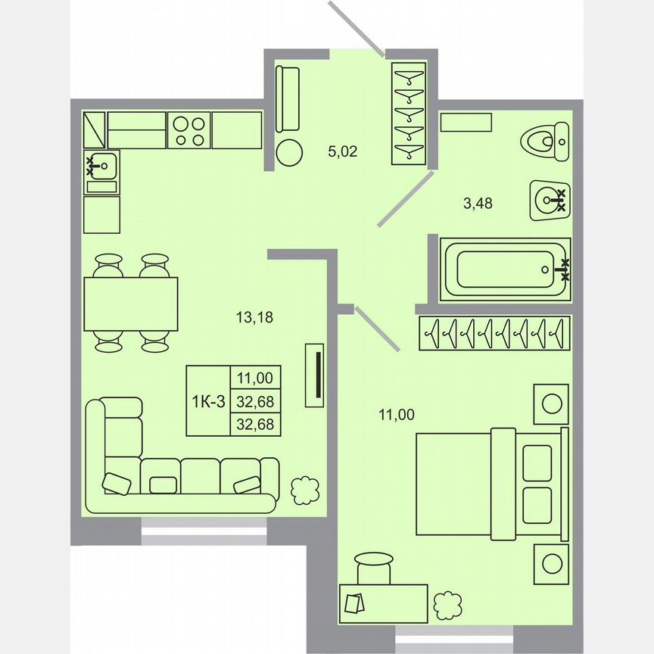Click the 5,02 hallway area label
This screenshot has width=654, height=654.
[x=342, y=151]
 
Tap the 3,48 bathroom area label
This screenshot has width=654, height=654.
[x=478, y=203]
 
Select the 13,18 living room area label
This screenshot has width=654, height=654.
[x=254, y=317]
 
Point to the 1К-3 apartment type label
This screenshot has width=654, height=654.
[x=207, y=401]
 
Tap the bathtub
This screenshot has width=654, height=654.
[x=503, y=269]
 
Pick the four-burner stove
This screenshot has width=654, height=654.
[x=188, y=130]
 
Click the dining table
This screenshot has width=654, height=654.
[x=130, y=304]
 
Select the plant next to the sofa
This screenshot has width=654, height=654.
[x=305, y=490]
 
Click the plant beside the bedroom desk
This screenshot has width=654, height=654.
[x=448, y=605]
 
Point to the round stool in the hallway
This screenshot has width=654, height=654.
[x=288, y=153]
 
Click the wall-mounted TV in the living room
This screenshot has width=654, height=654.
[x=318, y=375]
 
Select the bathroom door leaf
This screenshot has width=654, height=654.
[x=406, y=199]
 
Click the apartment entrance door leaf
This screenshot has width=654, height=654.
[x=356, y=27]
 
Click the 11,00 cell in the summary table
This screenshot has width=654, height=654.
[x=255, y=377]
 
